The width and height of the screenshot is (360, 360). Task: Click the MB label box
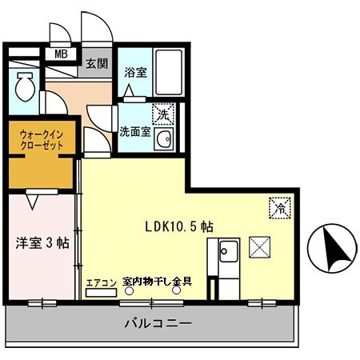[60, 54]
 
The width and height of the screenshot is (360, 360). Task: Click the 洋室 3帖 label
[42, 242]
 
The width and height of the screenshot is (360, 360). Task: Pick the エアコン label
[102, 282]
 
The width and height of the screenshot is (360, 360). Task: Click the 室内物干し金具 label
[157, 282]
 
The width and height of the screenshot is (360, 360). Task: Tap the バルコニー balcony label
[157, 325]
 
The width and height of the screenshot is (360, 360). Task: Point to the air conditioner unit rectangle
[101, 294]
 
